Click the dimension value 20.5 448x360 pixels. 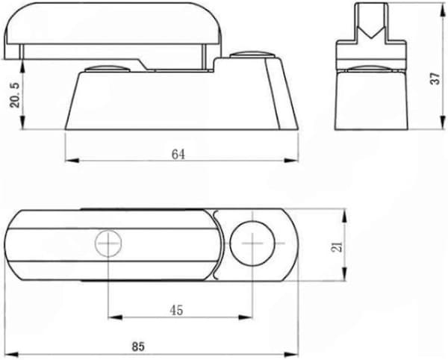pos(15,95)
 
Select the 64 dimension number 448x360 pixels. pos(178,155)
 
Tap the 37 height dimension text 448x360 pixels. pos(435,78)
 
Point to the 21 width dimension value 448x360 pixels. pos(337,246)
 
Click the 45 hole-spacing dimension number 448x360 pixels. pos(176,310)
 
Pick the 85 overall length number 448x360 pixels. pos(138,347)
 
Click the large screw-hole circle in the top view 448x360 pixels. pos(252,243)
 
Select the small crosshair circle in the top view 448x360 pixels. pos(108,243)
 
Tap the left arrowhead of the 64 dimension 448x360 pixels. pos(72,161)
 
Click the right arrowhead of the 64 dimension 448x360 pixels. pos(291,161)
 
